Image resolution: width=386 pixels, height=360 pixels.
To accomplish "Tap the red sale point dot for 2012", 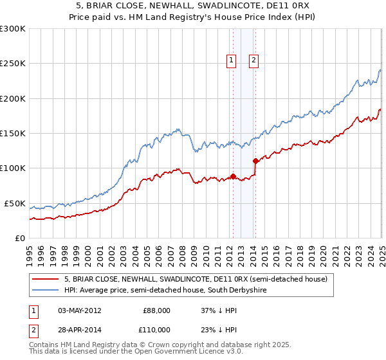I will tap(233, 176).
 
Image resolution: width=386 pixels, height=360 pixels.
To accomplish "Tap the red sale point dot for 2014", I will tap(255, 161).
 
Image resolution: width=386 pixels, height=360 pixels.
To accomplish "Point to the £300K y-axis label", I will tap(13, 29).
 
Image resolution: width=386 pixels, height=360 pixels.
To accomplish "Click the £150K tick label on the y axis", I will tap(13, 134).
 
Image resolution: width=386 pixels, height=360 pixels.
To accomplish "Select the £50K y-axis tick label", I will tap(15, 203).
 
